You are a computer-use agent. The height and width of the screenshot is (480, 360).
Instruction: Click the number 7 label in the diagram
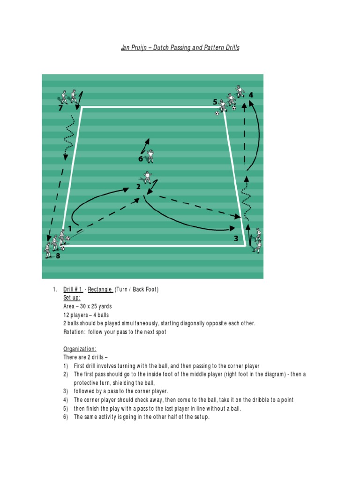pos(60,108)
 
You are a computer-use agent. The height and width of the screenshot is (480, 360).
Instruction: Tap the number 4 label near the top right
pos(251,95)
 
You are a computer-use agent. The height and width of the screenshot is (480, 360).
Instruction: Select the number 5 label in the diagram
pos(215,102)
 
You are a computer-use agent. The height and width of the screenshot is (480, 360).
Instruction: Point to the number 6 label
pos(140,159)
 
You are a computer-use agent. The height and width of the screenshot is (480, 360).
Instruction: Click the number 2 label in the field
pos(138,187)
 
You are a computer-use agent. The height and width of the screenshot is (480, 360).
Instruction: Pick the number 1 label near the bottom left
pos(70,229)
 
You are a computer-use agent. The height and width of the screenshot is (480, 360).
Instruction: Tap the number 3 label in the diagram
pos(236,238)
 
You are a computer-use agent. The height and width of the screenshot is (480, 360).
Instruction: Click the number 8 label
pos(58,256)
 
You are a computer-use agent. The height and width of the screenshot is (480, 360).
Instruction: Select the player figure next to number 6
pos(150,156)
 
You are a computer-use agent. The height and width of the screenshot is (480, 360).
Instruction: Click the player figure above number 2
pos(147,178)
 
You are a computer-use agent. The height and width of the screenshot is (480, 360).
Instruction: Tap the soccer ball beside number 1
pos(68,239)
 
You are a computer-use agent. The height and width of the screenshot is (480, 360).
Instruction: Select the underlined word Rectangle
pos(100,290)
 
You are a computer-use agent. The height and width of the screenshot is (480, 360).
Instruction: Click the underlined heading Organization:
pos(80,349)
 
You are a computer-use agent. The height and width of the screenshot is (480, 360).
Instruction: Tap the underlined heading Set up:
pos(72,298)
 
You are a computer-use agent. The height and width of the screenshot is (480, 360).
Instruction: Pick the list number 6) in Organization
pos(66,417)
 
